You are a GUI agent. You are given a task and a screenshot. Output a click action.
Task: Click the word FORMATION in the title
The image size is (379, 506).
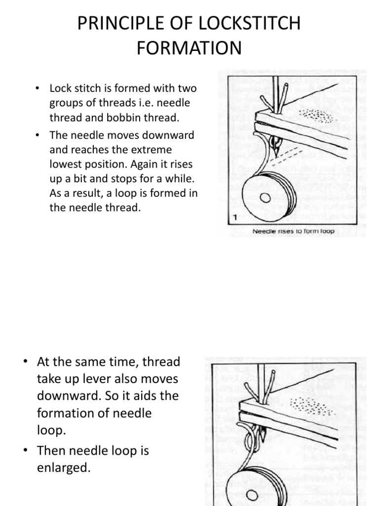pyautogui.click(x=189, y=48)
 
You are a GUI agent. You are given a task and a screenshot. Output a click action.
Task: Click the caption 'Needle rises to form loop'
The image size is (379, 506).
pyautogui.click(x=293, y=231)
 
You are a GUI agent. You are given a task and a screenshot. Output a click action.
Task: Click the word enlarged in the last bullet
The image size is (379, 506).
pyautogui.click(x=64, y=467)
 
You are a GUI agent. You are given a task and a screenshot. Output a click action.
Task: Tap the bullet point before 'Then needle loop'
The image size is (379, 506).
pyautogui.click(x=26, y=451)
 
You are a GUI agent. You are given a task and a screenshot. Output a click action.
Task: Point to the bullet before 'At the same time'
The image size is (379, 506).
pyautogui.click(x=26, y=362)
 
